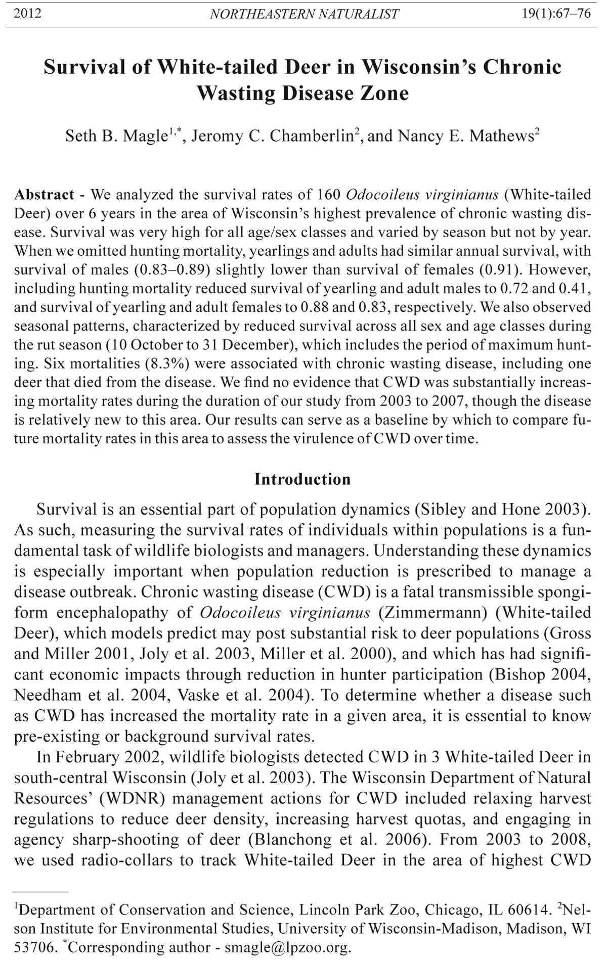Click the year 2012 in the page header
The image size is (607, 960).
[28, 13]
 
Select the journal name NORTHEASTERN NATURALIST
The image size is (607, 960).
[304, 14]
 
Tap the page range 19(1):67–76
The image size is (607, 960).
[556, 13]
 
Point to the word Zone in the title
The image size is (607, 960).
[385, 94]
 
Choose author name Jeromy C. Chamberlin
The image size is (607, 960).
[272, 136]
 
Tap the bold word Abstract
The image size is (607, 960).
[45, 195]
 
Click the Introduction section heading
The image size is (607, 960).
[302, 479]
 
